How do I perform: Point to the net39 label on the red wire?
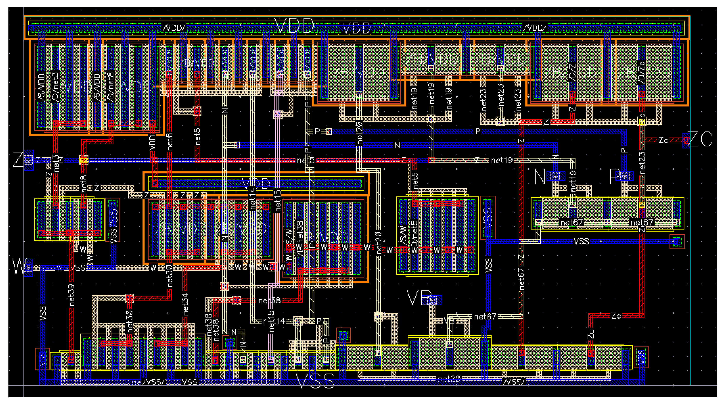pyautogui.click(x=72, y=295)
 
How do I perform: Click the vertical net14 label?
pyautogui.click(x=252, y=198)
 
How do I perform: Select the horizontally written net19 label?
pyautogui.click(x=501, y=160)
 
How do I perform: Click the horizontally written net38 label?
pyautogui.click(x=269, y=301)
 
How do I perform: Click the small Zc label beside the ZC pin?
pyautogui.click(x=663, y=140)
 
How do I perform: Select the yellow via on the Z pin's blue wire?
pyautogui.click(x=84, y=160)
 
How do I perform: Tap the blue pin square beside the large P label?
pyautogui.click(x=625, y=176)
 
